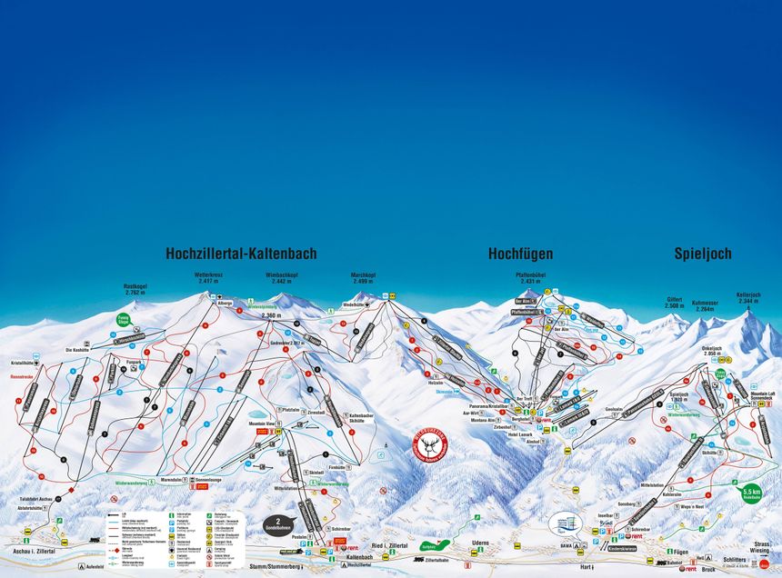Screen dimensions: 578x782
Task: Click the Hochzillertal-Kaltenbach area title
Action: [241, 254]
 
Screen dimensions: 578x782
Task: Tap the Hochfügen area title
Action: [519, 254]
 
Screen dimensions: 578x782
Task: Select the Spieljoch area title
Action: [702, 254]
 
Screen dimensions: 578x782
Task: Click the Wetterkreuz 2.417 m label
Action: [208, 278]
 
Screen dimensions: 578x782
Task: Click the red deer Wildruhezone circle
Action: [430, 446]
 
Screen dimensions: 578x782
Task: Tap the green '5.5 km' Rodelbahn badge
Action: [750, 492]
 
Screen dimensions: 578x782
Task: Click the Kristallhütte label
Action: [24, 362]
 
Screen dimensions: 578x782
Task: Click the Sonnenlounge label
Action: [206, 479]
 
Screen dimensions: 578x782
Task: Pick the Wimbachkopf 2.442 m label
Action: [282, 278]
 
